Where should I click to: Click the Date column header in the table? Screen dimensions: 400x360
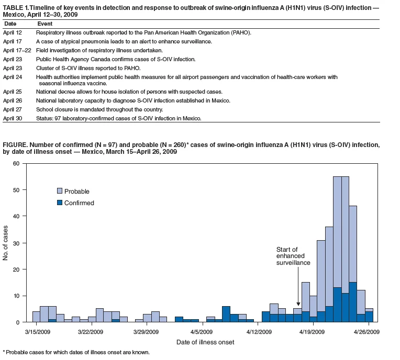10,24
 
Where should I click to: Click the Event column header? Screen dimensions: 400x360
45,24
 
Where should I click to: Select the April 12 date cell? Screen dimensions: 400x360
13,32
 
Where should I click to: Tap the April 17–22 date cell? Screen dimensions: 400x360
17,50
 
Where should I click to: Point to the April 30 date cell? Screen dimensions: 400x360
13,118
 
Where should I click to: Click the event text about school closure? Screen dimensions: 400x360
99,110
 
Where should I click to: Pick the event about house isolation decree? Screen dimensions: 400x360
129,92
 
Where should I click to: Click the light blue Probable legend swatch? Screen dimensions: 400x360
60,191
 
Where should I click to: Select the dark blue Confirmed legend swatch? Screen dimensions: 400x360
60,203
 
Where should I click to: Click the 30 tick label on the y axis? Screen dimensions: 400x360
16,243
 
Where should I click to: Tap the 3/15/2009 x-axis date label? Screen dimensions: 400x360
38,332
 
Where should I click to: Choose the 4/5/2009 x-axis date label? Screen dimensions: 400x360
202,332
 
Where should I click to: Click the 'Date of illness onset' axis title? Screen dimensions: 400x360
205,342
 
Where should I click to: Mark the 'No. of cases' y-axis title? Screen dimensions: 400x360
5,243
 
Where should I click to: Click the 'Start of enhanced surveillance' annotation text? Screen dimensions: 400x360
293,256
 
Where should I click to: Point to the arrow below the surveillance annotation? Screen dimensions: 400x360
298,286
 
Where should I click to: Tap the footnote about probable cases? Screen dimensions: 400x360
76,352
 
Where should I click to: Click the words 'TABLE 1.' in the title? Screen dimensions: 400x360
15,8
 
